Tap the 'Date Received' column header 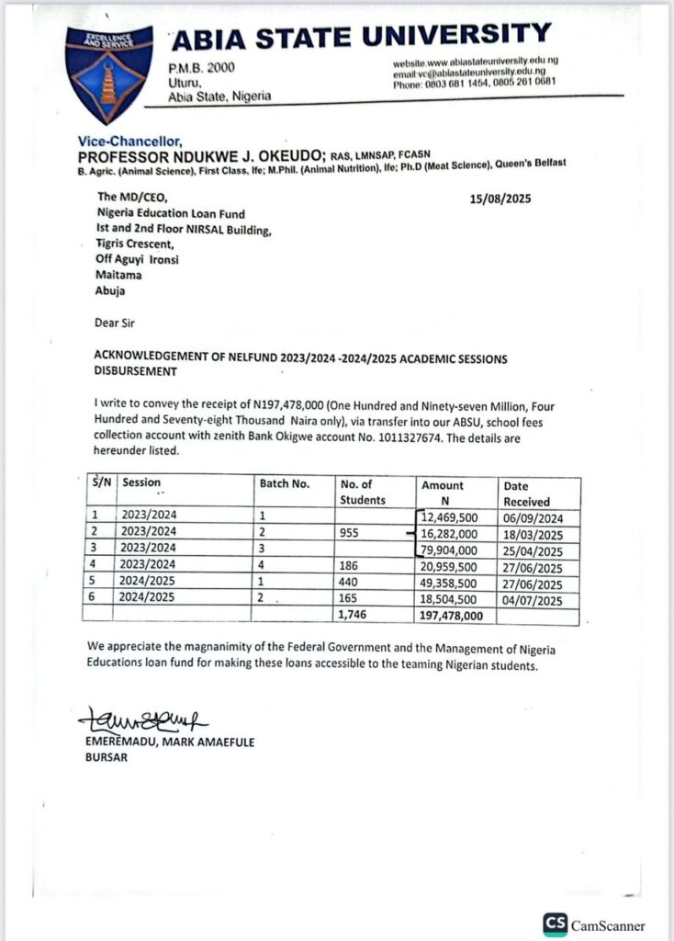[526, 493]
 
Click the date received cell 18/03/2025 [534, 534]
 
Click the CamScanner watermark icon [555, 924]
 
